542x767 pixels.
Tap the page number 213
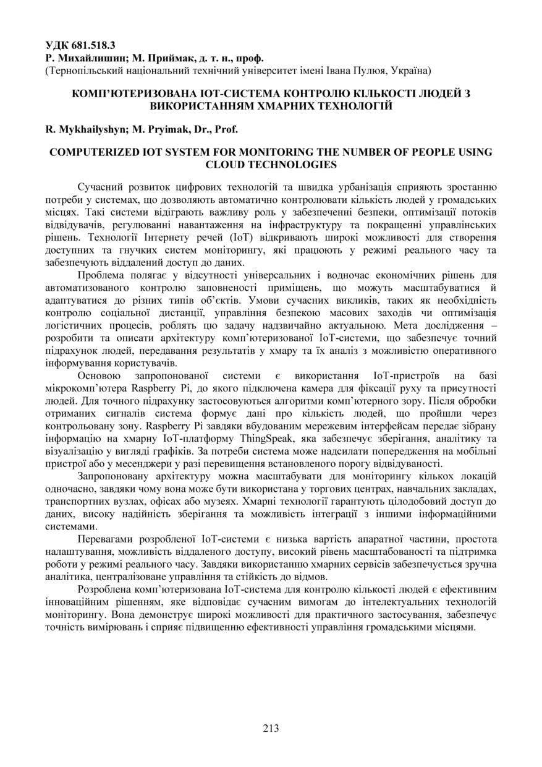271,728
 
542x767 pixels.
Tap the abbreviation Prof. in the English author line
225,129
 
